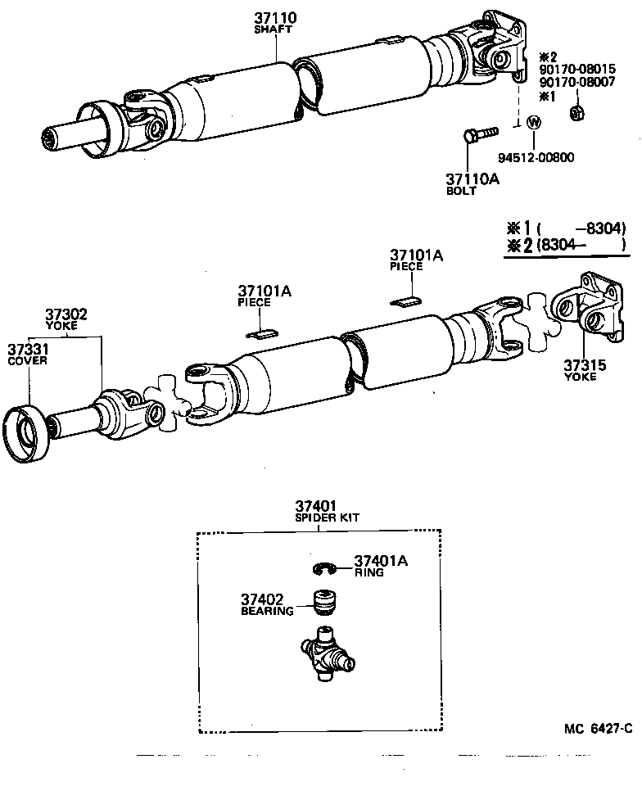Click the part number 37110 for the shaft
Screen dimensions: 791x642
[275, 16]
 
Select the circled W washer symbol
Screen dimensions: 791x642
[534, 123]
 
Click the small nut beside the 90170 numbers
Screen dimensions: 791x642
[576, 113]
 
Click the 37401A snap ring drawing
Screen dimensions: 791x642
[328, 568]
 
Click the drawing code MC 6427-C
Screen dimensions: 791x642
[598, 727]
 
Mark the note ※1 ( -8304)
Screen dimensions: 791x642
[566, 228]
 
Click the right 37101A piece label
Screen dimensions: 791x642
[416, 256]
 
